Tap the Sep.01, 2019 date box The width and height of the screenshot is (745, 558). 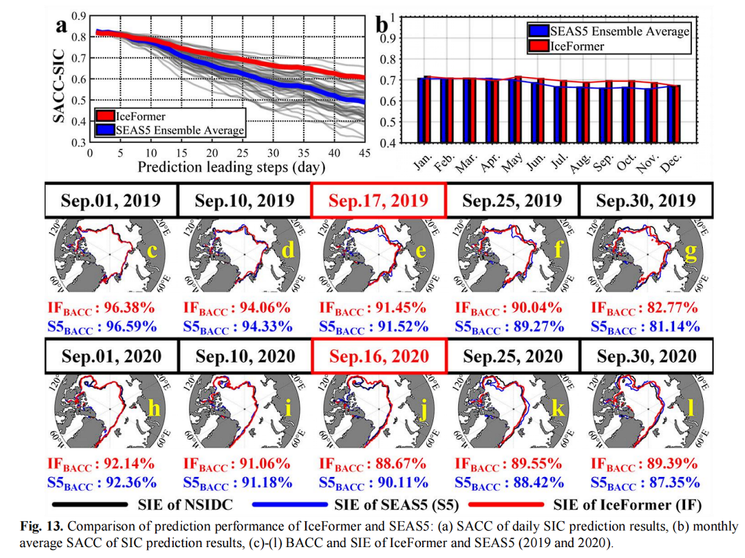pos(111,200)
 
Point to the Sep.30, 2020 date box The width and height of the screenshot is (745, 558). pos(646,356)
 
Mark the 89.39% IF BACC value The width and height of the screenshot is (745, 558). pos(669,464)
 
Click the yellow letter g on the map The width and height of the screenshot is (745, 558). pos(690,251)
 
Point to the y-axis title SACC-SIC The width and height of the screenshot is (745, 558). pos(59,80)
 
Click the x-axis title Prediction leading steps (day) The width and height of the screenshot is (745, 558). pos(230,166)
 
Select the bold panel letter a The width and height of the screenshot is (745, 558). pos(62,26)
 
